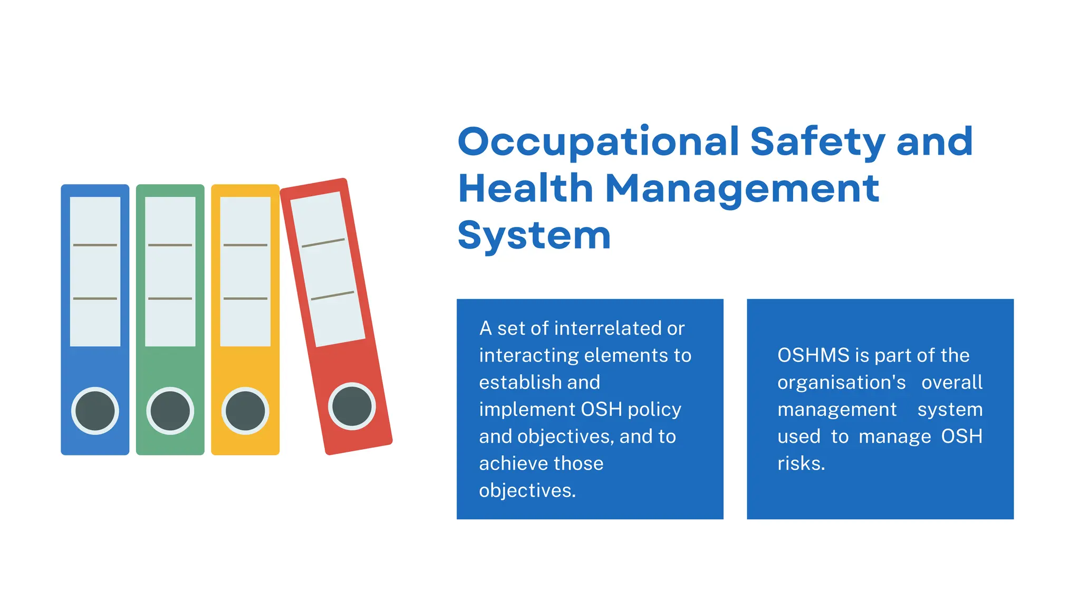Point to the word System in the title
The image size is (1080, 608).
pos(534,235)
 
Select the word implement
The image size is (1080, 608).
pos(527,410)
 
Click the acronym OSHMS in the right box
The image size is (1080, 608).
pos(813,355)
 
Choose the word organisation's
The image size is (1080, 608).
pos(841,382)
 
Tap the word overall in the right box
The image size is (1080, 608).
pos(952,382)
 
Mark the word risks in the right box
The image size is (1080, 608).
pos(801,463)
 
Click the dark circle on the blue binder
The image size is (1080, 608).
pos(95,411)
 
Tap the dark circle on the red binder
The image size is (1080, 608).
pos(352,405)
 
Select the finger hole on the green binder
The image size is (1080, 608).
pos(170,411)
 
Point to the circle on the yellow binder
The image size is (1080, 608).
pos(245,411)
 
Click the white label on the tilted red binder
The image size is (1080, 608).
pos(327,269)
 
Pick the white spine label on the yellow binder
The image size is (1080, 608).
pos(245,271)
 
